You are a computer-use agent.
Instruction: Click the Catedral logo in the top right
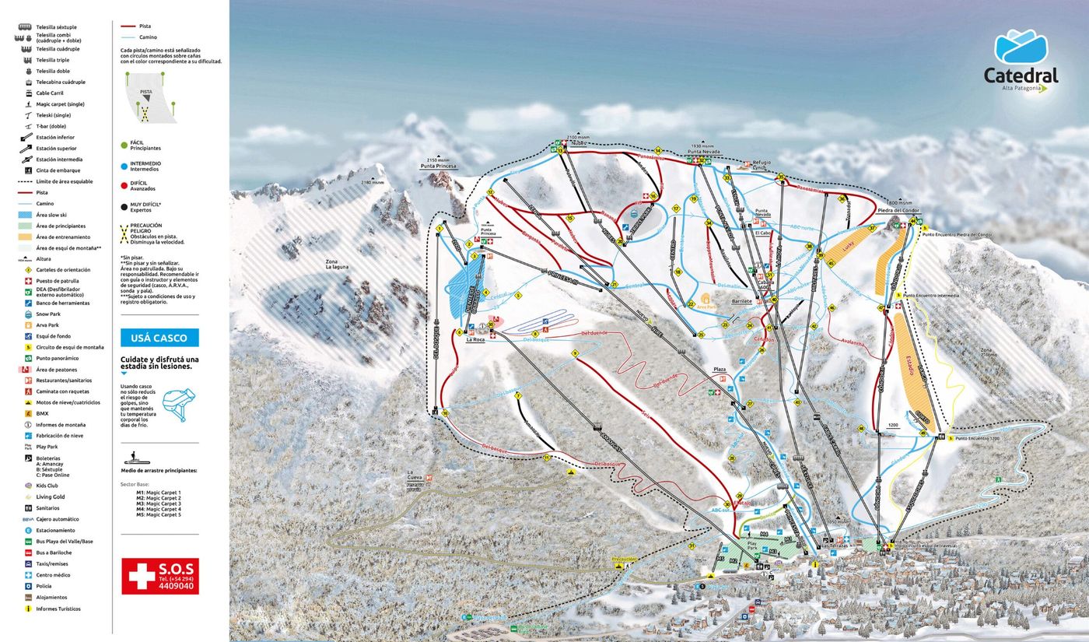pos(1021,62)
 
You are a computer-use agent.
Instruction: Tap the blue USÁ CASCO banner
pos(159,338)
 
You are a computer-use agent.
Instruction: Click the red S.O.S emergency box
pos(159,576)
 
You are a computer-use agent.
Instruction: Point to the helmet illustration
pos(179,405)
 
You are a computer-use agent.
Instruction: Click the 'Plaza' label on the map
pos(719,369)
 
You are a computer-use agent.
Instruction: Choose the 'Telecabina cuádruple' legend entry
pos(60,82)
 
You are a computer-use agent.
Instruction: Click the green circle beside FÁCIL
pos(124,144)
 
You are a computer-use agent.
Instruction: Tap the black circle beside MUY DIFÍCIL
pos(124,206)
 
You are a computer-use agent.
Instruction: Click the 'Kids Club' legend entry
pos(47,486)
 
